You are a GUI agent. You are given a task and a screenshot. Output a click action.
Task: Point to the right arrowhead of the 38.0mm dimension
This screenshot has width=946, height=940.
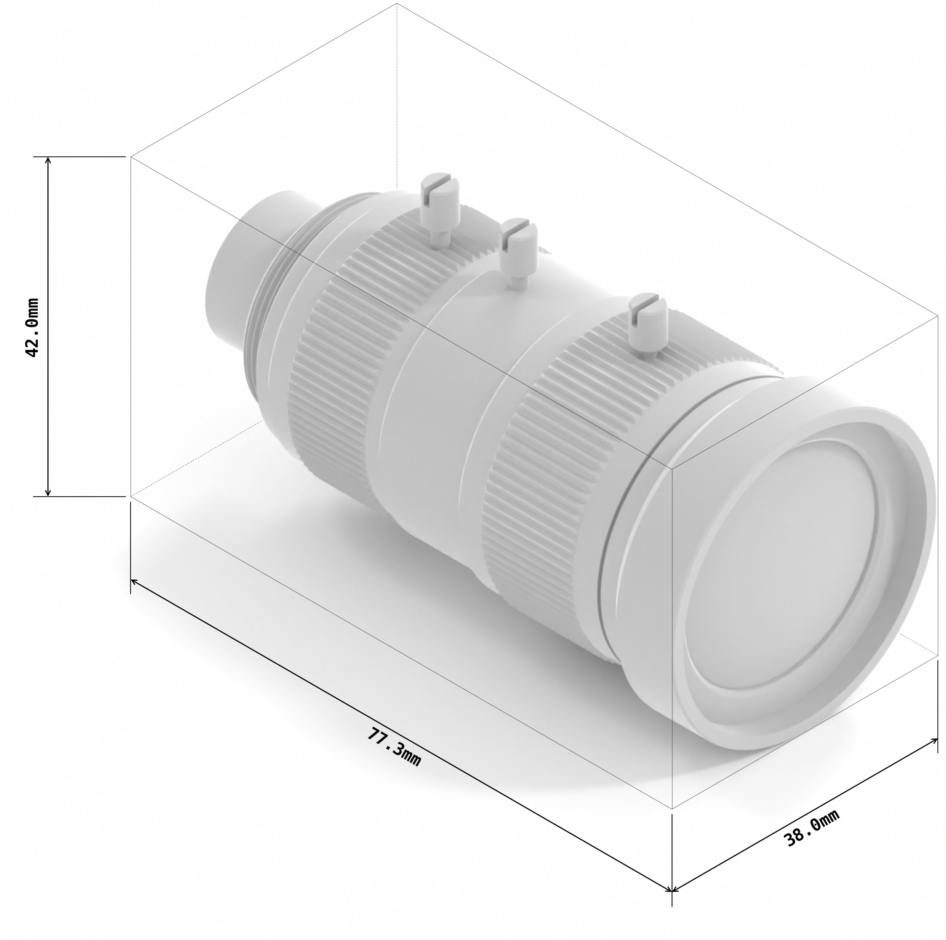point(935,740)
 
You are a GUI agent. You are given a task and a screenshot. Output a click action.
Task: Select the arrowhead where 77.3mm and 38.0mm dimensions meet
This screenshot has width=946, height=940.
point(672,891)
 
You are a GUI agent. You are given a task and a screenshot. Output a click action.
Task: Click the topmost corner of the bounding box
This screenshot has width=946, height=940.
point(397,4)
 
